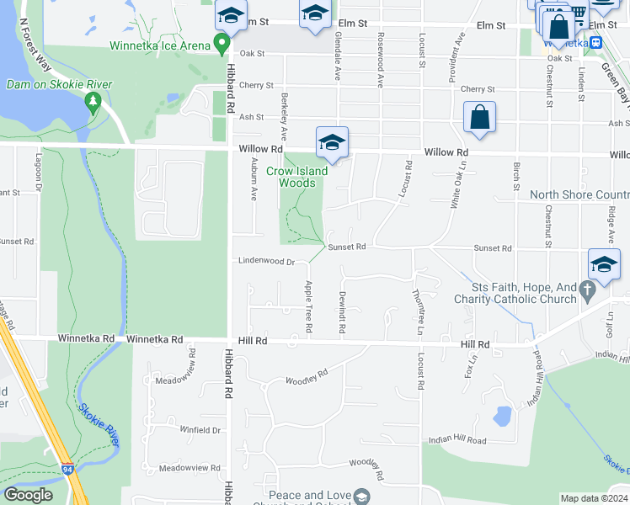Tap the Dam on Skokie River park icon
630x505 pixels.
tap(93, 104)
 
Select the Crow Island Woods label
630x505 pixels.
tap(291, 177)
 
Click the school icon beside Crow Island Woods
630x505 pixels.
tap(332, 142)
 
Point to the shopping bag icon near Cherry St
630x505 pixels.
tap(479, 118)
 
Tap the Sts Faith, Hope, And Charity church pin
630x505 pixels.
tap(589, 290)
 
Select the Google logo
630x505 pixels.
tap(28, 495)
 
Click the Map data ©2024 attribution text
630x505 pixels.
tap(594, 498)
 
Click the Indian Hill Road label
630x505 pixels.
tap(457, 440)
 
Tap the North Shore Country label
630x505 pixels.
tap(579, 194)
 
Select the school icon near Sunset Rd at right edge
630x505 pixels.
tap(604, 265)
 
